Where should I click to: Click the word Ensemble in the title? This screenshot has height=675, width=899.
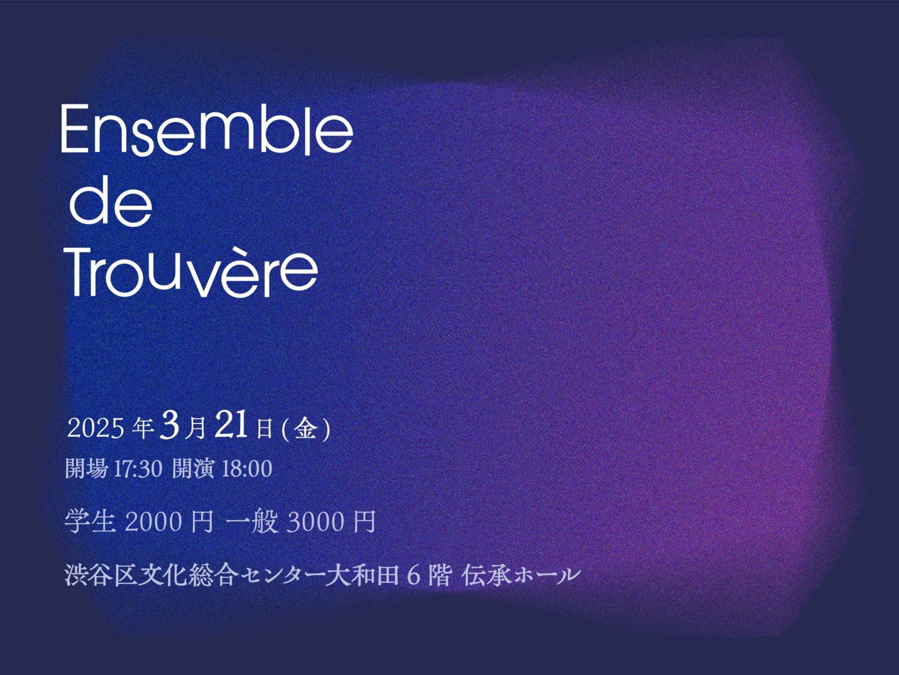click(x=207, y=129)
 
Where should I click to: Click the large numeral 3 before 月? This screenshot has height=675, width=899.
click(x=170, y=425)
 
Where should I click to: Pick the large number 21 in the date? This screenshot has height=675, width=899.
click(x=231, y=424)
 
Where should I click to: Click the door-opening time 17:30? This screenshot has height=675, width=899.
click(x=138, y=469)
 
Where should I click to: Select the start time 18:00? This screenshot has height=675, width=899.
click(x=246, y=469)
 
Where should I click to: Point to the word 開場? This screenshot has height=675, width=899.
click(x=87, y=469)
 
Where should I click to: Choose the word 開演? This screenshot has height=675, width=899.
click(x=193, y=469)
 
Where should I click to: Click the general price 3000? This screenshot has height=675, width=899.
click(x=315, y=522)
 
